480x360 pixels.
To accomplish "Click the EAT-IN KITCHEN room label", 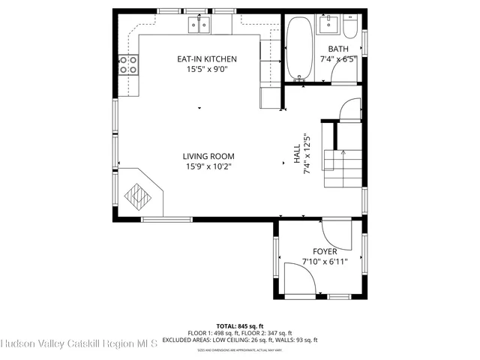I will tap(206, 58).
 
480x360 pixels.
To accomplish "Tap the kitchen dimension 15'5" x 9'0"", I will tap(206, 69).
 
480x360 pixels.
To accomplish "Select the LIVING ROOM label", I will tap(206, 156).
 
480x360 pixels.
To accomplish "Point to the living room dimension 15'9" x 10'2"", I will tap(206, 166).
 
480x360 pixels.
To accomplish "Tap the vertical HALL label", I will tap(296, 154).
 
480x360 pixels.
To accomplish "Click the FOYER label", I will tap(325, 251).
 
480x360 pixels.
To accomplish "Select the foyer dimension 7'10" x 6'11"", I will tap(325, 262).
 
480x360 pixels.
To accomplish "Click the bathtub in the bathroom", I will tap(298, 49).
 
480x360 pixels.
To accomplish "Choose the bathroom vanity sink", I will tap(328, 25).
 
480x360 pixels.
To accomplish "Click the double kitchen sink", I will tap(199, 25).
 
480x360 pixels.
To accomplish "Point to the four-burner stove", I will tap(128, 65).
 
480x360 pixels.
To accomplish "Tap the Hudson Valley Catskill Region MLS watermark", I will tap(79, 344).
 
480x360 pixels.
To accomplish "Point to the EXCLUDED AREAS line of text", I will tap(239, 340).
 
